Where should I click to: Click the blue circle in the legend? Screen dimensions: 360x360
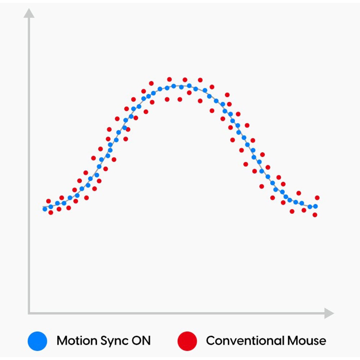(x=37, y=341)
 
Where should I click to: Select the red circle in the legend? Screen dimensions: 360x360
(x=187, y=341)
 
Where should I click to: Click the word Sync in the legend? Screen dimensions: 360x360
(x=115, y=341)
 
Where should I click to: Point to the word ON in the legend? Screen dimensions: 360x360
(x=141, y=341)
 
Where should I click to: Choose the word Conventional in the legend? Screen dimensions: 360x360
(x=245, y=341)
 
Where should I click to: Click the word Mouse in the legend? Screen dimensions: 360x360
(x=307, y=341)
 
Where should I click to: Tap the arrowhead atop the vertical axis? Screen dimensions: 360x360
(x=29, y=13)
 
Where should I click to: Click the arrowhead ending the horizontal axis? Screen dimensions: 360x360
(x=329, y=313)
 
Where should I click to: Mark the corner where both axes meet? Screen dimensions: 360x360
(x=29, y=313)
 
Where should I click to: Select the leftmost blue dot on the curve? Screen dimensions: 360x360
(x=45, y=209)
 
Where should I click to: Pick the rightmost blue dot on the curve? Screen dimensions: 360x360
(x=315, y=206)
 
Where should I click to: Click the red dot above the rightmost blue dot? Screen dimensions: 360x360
(x=317, y=198)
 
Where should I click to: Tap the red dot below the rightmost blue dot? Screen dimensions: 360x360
(x=315, y=215)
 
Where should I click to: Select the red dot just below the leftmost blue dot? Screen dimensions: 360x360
(x=51, y=213)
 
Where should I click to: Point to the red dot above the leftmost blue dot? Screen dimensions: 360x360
(x=49, y=201)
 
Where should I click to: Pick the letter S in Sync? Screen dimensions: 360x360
(x=104, y=341)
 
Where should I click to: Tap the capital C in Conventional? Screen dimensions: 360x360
(x=211, y=341)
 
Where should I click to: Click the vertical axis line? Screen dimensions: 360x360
(x=29, y=165)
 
